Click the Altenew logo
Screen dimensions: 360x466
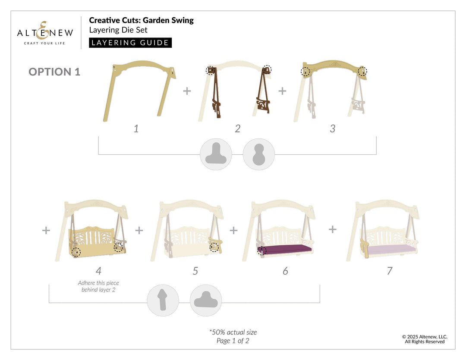(x=45, y=33)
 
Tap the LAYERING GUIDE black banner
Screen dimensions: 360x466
(x=130, y=43)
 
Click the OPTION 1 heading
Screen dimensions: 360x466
(x=54, y=72)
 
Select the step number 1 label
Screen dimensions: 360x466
(x=136, y=128)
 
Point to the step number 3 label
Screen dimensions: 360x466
(x=332, y=128)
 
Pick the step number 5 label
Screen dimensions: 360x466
(x=195, y=271)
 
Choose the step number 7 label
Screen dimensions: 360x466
(x=390, y=271)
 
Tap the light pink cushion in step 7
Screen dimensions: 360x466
(x=391, y=249)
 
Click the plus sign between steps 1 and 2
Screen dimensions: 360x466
(x=187, y=91)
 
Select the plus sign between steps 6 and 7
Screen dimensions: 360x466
(x=333, y=229)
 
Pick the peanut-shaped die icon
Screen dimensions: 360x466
(x=259, y=154)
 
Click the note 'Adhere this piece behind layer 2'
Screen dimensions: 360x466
(x=98, y=286)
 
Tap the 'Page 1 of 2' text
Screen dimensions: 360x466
(x=233, y=341)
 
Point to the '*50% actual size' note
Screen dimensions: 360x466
(x=233, y=332)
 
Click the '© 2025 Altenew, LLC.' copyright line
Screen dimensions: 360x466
(x=425, y=337)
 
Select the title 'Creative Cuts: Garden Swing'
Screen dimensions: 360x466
(x=141, y=20)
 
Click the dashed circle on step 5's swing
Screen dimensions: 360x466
(x=214, y=247)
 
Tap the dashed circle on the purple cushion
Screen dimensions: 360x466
(x=261, y=251)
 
